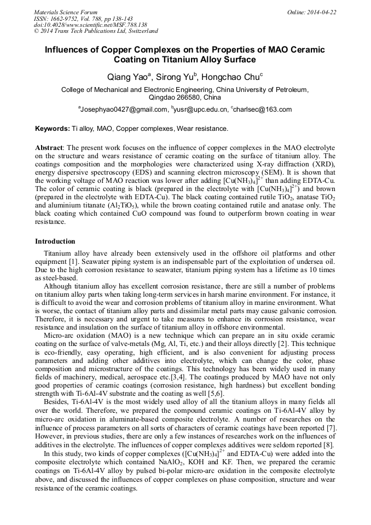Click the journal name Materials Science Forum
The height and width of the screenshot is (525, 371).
[65, 12]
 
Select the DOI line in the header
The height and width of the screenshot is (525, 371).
[90, 25]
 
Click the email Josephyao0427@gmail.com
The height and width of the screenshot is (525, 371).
[124, 109]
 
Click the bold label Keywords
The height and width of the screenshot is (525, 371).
[52, 129]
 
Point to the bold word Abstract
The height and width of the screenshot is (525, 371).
[49, 148]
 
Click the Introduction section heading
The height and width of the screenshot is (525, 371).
[55, 241]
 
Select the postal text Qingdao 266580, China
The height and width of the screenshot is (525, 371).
[185, 97]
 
